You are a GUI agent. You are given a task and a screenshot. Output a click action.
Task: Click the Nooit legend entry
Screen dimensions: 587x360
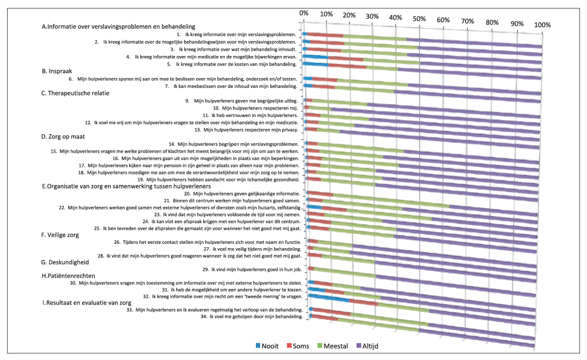tap(267, 346)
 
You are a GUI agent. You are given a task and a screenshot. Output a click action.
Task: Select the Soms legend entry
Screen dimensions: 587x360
tap(298, 346)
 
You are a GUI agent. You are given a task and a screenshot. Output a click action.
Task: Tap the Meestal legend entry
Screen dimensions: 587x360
tap(333, 346)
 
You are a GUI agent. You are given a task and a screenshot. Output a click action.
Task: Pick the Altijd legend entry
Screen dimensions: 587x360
tap(367, 346)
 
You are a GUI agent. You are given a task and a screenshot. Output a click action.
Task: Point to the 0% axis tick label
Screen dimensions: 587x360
tap(304, 13)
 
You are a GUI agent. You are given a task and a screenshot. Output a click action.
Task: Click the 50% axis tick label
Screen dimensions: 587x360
tap(419, 19)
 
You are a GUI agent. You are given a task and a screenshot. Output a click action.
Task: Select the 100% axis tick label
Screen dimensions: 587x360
tap(542, 25)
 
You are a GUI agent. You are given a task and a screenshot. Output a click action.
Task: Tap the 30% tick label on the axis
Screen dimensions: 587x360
tap(372, 16)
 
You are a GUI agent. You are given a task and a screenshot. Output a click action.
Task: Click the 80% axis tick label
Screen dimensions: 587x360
tap(492, 23)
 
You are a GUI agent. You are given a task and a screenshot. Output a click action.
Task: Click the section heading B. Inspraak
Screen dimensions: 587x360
tap(57, 71)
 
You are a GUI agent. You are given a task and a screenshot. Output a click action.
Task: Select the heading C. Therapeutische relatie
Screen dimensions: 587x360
tap(75, 93)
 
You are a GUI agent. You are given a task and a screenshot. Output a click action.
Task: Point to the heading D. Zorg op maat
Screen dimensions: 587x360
tap(63, 137)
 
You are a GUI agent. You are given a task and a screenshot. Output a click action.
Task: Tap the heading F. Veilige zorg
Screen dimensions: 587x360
tap(60, 235)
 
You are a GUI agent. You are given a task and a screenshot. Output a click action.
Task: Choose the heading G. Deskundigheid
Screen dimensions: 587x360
tap(65, 262)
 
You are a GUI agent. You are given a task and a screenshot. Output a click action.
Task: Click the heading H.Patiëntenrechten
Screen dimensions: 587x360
tap(68, 276)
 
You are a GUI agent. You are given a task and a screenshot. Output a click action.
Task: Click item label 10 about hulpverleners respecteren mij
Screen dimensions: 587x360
tap(255, 108)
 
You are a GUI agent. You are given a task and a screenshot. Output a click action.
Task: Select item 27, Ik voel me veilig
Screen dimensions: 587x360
tap(253, 249)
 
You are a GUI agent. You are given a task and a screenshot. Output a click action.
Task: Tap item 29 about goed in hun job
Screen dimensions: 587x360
tap(252, 269)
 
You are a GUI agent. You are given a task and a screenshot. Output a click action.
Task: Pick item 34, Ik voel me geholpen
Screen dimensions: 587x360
tap(252, 317)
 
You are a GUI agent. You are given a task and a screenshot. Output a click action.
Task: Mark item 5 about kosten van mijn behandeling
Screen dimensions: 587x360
tap(232, 64)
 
